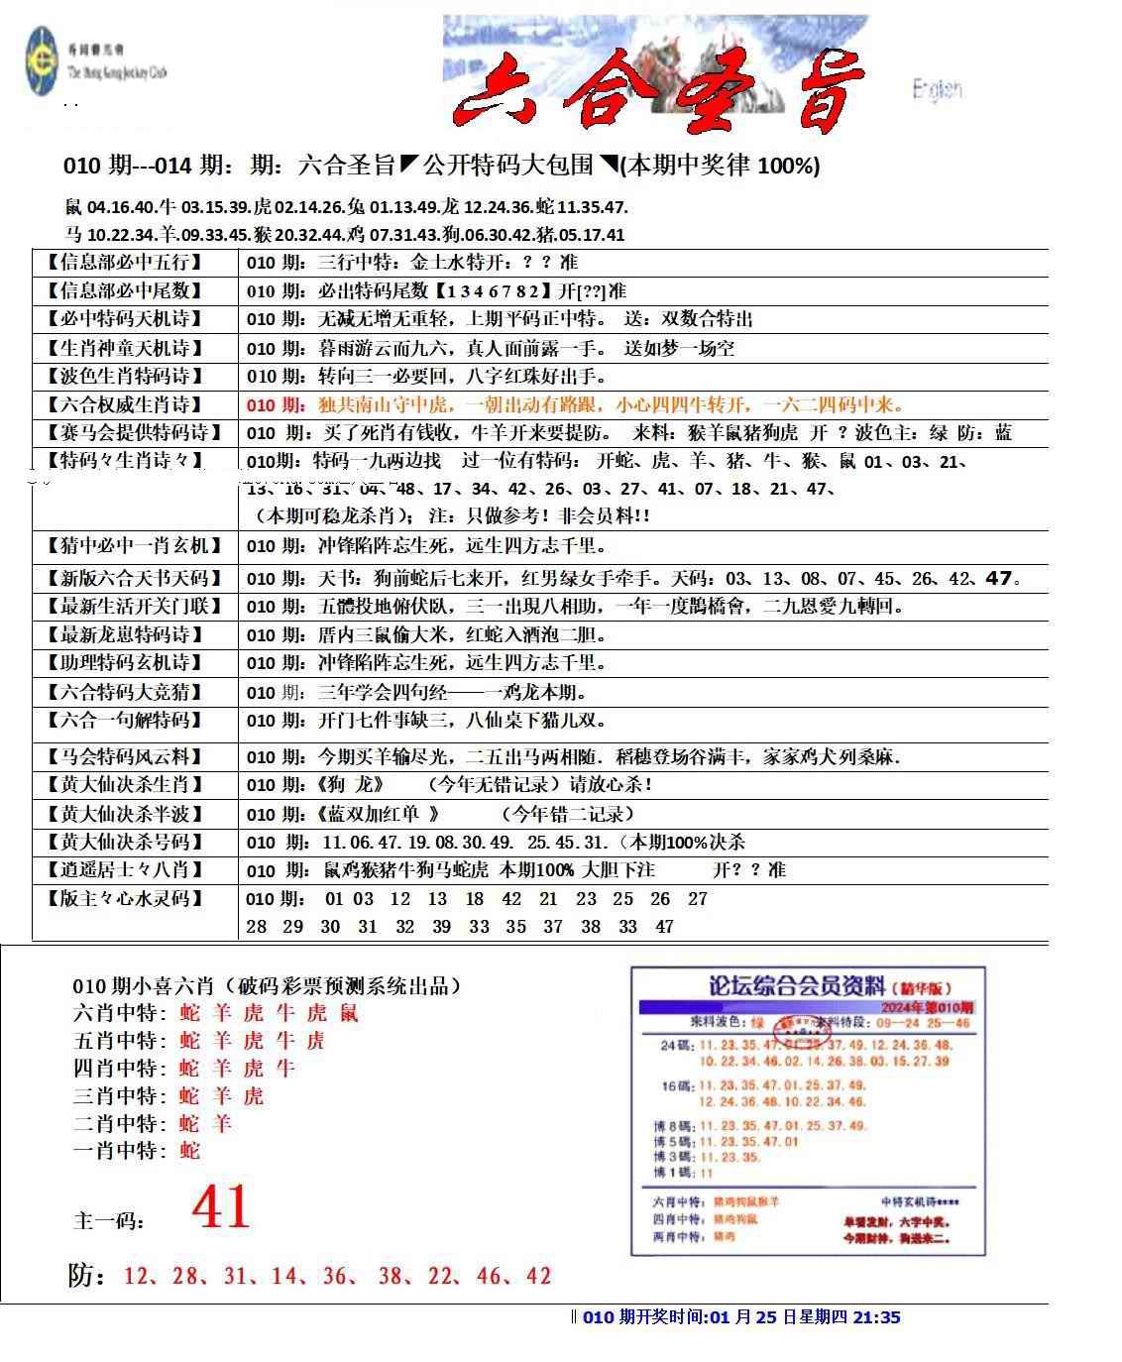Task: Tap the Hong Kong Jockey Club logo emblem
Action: tap(42, 61)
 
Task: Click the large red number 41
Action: tap(221, 1207)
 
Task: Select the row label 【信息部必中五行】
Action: tap(124, 263)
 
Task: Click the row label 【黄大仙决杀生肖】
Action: tap(124, 785)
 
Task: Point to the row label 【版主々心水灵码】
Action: tap(124, 899)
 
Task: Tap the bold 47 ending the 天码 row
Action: tap(1001, 578)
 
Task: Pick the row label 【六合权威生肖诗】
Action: tap(124, 404)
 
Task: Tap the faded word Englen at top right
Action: tap(937, 90)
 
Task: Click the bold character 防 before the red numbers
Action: tap(84, 1275)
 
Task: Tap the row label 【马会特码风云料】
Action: tap(124, 757)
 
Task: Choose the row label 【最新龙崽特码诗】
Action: tap(124, 634)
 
